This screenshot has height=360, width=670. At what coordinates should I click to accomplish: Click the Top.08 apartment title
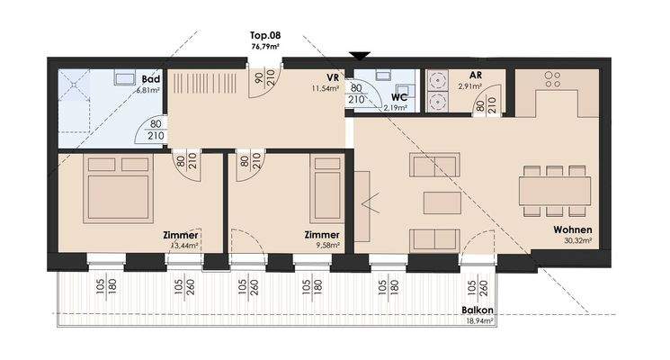(x=264, y=36)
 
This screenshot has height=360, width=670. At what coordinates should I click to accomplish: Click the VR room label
(x=331, y=77)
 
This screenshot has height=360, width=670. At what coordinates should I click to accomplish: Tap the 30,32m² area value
(x=572, y=241)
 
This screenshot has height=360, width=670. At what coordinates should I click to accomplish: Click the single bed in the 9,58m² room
(x=325, y=191)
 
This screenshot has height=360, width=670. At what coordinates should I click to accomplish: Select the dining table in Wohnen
(x=554, y=191)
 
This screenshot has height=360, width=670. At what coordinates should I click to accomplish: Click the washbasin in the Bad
(x=122, y=79)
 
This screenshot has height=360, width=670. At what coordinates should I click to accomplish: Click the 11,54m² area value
(x=325, y=89)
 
